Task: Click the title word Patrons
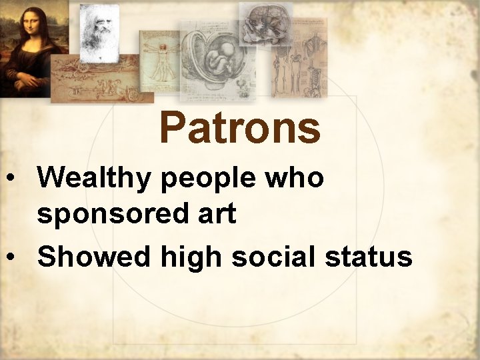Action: coord(240,127)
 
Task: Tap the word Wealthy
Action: coord(97,178)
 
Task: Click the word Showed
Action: coord(94,256)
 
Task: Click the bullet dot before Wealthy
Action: coord(11,179)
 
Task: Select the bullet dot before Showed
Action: coord(11,257)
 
